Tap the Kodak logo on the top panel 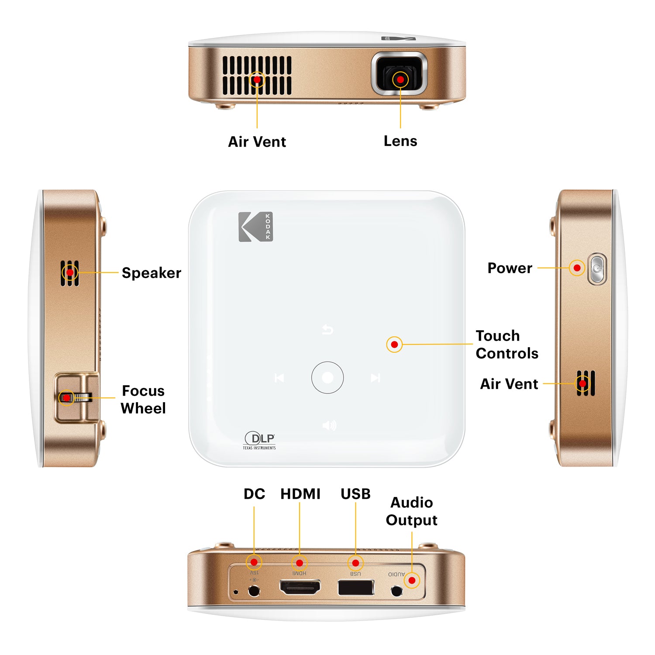click(x=255, y=227)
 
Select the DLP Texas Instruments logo click(x=259, y=440)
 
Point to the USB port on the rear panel click(x=356, y=588)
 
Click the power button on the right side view click(x=597, y=269)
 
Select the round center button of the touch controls click(x=327, y=378)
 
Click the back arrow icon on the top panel click(x=327, y=329)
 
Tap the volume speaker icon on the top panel click(x=329, y=425)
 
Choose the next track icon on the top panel click(x=375, y=378)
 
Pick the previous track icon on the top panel click(x=279, y=378)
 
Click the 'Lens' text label click(x=400, y=141)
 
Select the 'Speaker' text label click(x=151, y=273)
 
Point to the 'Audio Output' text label click(x=411, y=511)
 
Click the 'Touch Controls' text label click(x=507, y=345)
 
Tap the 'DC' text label click(x=254, y=494)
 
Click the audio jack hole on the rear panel click(x=396, y=591)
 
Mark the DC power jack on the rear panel click(x=254, y=591)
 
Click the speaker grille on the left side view click(x=70, y=273)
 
